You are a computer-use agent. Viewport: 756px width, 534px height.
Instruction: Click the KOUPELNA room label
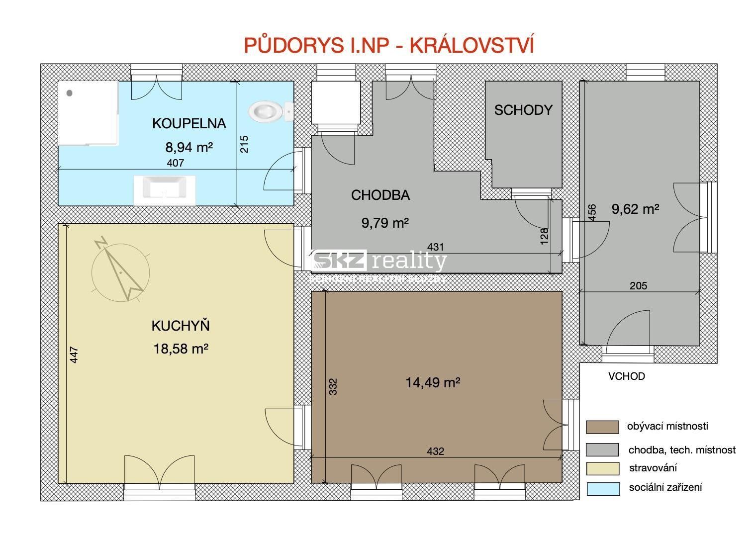189,123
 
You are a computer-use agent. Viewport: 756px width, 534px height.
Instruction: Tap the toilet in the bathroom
269,111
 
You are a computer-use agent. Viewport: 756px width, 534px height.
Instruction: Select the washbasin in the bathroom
164,189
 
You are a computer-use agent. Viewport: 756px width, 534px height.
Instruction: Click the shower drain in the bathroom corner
70,93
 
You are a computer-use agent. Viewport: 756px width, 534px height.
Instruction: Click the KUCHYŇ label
181,326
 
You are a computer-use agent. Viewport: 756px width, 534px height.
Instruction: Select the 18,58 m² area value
181,349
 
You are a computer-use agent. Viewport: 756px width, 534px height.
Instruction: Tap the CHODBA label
380,195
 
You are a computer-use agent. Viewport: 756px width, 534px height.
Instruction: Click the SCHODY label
523,110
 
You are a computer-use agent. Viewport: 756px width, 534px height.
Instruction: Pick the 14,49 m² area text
433,382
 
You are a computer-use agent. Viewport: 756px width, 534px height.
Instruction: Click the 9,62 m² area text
635,209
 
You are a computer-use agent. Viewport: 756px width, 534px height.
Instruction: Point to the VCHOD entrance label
626,376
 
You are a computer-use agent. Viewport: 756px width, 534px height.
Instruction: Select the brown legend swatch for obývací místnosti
602,427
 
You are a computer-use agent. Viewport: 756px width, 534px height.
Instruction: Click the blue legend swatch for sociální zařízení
602,488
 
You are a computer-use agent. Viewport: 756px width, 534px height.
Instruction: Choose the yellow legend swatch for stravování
602,468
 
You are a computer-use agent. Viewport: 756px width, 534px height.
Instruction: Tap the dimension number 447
74,355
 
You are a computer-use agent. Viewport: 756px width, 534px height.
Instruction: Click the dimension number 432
435,451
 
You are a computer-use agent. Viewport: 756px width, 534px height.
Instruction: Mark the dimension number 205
638,285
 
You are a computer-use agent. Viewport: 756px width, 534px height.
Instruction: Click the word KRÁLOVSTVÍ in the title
472,45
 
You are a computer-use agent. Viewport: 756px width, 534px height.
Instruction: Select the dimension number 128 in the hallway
544,236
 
